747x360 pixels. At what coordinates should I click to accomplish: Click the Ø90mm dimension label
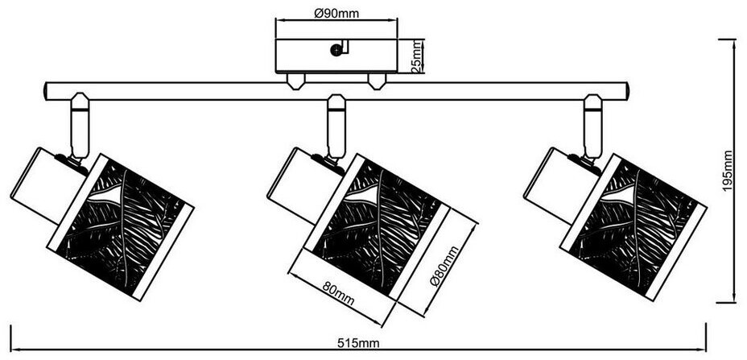pos(336,13)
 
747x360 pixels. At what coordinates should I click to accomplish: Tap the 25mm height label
pos(418,57)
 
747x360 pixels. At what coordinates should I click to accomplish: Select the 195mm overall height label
pos(728,172)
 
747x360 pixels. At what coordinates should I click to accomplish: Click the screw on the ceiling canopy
pos(335,51)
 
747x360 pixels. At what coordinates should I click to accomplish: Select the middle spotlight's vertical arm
pos(336,127)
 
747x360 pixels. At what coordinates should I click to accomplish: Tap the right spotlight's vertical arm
pos(593,127)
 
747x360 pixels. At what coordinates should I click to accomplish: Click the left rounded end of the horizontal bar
pos(49,91)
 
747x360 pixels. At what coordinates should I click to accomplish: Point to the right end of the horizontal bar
pos(624,91)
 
